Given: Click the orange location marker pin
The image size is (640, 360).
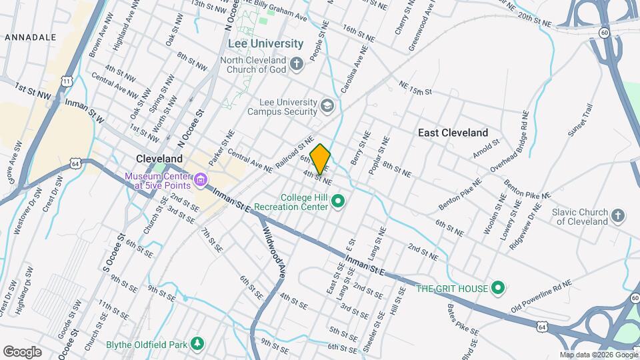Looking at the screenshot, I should (x=321, y=159).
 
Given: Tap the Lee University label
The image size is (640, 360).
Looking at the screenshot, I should (x=265, y=43).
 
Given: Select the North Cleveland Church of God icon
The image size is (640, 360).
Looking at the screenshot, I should (x=297, y=64).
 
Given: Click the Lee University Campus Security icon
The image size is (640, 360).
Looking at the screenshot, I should (x=327, y=105).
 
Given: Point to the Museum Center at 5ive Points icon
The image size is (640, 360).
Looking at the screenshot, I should (x=199, y=180).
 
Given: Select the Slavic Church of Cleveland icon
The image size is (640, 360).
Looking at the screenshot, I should (x=618, y=215).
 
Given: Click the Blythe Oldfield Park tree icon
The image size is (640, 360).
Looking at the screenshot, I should (x=197, y=344).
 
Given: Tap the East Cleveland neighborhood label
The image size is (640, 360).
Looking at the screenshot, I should (x=453, y=133).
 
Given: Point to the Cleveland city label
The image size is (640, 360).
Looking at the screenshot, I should (x=159, y=159).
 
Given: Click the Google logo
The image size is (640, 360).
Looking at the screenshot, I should (x=22, y=351).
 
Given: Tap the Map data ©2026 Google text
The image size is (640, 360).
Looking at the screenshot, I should (x=598, y=355).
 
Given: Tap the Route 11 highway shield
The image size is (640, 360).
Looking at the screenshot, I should (x=67, y=81).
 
